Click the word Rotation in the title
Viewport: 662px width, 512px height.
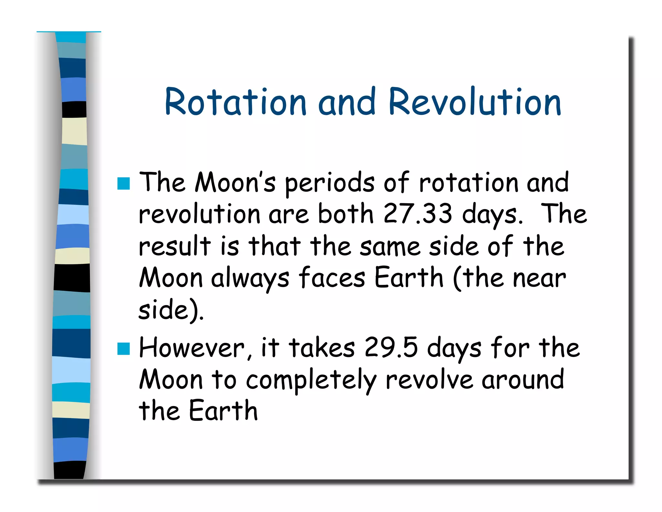(x=235, y=102)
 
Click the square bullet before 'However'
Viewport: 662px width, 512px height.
(x=123, y=349)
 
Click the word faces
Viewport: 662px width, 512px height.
(x=332, y=278)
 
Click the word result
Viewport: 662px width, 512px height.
(x=175, y=246)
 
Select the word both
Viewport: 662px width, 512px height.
(x=346, y=214)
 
